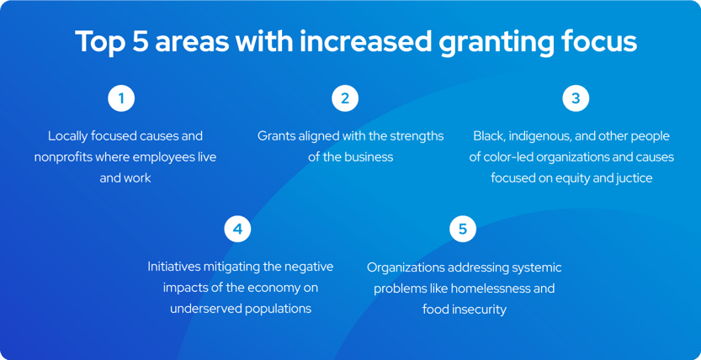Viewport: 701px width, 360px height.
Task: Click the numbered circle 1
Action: tap(121, 98)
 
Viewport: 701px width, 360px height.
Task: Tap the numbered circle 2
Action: tap(344, 98)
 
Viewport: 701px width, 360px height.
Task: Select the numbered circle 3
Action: tap(576, 98)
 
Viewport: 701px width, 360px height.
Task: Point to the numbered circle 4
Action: tap(237, 229)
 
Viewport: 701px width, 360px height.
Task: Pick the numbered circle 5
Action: tap(462, 229)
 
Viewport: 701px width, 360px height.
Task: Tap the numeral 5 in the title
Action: tap(138, 41)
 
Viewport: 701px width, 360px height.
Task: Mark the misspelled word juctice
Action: tap(632, 178)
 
